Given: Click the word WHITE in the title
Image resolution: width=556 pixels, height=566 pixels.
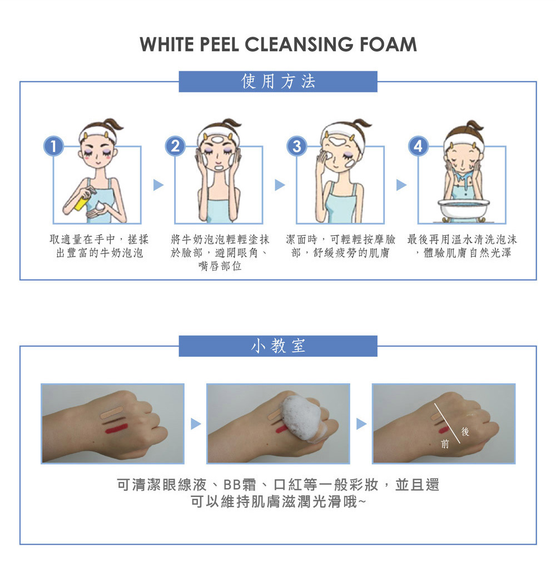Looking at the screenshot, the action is coord(167,45).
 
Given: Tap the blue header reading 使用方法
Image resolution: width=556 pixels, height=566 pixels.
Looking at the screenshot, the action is coord(278,82).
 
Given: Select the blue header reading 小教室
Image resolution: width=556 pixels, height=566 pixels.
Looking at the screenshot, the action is coord(278,346).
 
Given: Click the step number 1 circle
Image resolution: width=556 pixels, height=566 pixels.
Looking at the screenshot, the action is coord(53,146).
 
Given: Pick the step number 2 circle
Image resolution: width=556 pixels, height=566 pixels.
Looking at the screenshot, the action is coord(175,146).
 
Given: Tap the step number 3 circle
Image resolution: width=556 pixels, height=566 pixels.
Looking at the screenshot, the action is coord(297,146).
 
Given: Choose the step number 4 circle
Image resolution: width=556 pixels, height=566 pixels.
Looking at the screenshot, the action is coord(418,146).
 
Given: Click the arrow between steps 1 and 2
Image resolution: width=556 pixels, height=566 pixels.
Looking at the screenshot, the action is coord(158,185).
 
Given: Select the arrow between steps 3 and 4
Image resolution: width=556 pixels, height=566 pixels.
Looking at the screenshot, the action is coord(401,185).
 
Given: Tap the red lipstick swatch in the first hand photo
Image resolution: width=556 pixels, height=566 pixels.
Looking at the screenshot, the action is coord(116,429).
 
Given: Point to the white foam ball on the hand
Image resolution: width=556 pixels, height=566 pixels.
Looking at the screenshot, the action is coord(302,417).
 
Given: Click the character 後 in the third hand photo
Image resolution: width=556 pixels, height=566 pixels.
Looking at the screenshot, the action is coord(465,431).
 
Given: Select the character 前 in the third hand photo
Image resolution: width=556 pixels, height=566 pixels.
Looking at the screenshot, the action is coord(445,444).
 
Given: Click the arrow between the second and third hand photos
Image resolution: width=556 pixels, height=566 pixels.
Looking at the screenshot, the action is coord(361,424).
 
